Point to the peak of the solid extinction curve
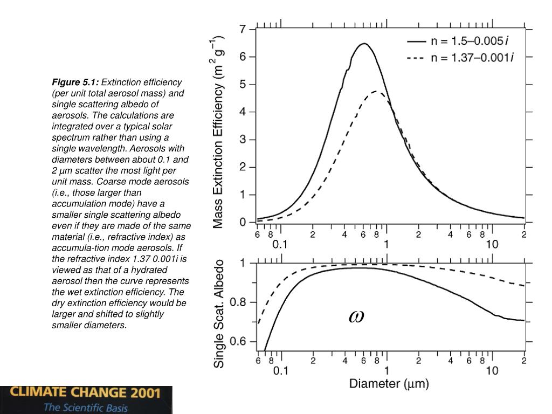click(364, 44)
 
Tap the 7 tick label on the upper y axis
click(243, 29)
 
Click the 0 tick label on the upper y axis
click(243, 222)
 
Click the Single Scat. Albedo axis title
click(219, 314)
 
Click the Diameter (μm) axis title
click(389, 384)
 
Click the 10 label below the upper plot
click(492, 244)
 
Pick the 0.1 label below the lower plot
click(280, 371)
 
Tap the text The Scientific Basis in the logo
click(86, 408)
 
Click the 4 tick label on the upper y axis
click(243, 112)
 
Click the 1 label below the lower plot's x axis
click(386, 371)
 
